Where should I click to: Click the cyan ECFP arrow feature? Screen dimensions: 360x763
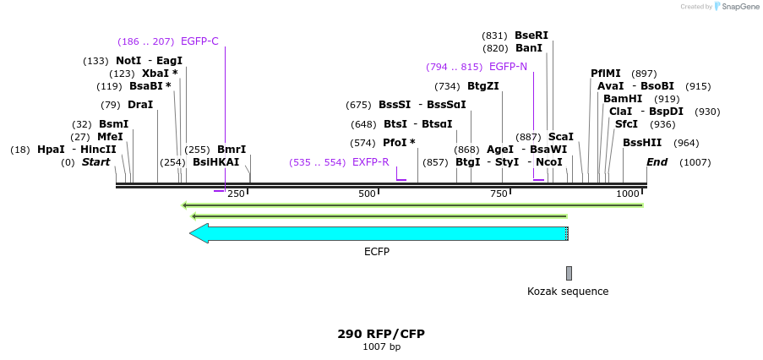coord(379,233)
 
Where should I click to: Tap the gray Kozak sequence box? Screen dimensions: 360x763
coord(569,273)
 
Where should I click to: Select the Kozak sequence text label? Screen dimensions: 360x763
coord(567,292)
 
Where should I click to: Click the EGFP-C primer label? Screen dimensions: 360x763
coord(199,41)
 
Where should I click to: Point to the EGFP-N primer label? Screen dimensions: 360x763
coord(508,67)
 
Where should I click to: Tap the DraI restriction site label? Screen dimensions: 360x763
coord(140,105)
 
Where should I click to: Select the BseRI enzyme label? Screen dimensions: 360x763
coord(531,35)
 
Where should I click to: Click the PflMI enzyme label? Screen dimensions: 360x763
coord(606,74)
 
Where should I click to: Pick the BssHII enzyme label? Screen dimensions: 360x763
coord(642,143)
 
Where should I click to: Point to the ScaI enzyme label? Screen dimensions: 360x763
coord(561,137)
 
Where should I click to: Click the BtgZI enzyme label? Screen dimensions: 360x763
coord(483,86)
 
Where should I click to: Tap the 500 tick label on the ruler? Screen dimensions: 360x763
coord(367,194)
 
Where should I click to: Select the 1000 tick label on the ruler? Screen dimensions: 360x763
coord(629,194)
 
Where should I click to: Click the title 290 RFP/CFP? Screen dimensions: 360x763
coord(381,334)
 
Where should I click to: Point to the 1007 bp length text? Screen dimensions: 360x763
coord(381,347)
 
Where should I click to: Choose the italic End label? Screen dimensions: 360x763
coord(657,162)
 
